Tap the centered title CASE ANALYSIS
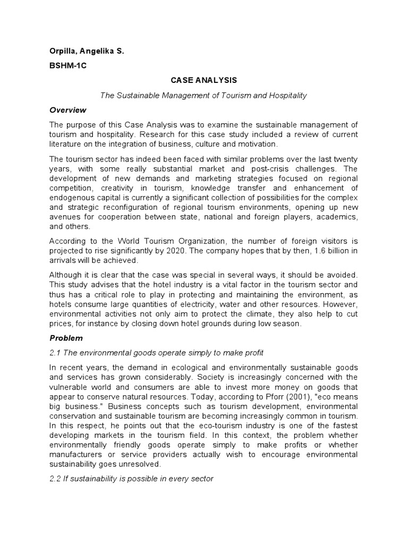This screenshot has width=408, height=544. pyautogui.click(x=203, y=80)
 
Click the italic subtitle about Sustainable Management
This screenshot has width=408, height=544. pyautogui.click(x=204, y=95)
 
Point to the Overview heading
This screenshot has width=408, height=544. pyautogui.click(x=67, y=110)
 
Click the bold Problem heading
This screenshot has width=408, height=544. pyautogui.click(x=66, y=337)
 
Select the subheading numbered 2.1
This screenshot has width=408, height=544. pyautogui.click(x=157, y=352)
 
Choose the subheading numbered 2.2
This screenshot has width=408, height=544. pyautogui.click(x=131, y=479)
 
